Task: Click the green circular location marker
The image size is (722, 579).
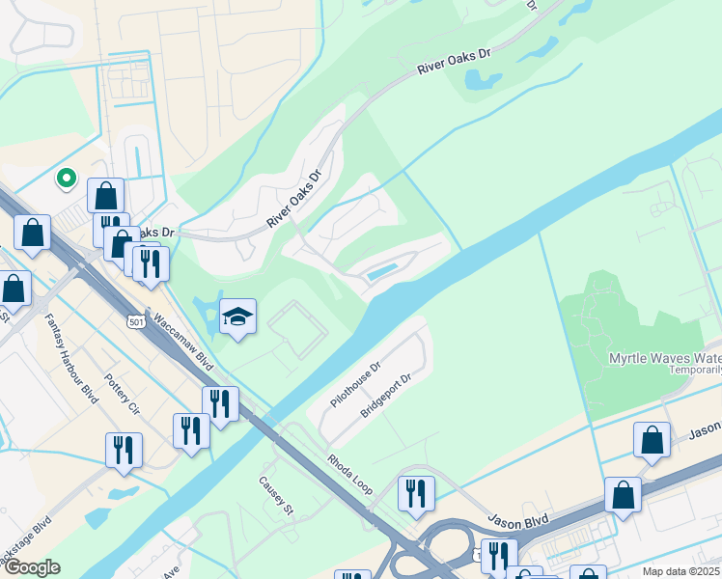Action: point(67,178)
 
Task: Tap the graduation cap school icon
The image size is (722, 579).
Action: point(236,317)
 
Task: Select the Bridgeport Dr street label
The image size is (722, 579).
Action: point(386,396)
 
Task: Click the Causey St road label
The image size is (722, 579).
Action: point(274,496)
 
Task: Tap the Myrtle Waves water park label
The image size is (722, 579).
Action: point(664,358)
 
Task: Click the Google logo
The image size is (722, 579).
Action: point(31,566)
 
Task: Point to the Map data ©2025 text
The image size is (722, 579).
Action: point(680,571)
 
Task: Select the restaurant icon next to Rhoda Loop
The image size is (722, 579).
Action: point(416,493)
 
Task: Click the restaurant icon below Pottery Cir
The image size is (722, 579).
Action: point(124,451)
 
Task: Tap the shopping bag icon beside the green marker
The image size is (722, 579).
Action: point(105,195)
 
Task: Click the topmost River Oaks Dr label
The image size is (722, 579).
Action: point(454,62)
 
